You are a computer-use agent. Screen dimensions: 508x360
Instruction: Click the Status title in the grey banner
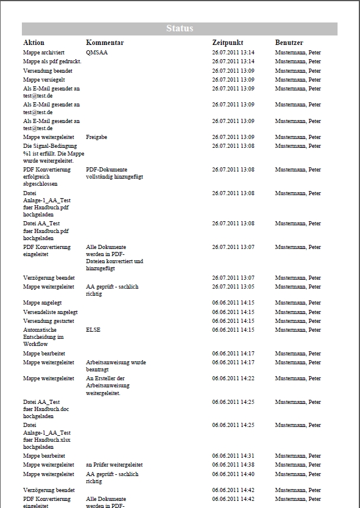tap(180, 28)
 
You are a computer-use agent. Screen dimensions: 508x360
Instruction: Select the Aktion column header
tap(34, 43)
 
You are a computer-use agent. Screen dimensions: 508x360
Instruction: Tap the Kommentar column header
tap(105, 43)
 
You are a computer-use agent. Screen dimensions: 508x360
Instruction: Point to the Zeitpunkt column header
tap(228, 43)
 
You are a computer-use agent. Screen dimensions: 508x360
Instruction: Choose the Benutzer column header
tap(289, 43)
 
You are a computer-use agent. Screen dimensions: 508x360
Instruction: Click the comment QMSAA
tap(97, 53)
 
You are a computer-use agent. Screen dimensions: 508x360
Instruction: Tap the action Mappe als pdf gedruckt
tap(52, 62)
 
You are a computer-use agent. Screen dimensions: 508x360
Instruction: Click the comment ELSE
tap(93, 330)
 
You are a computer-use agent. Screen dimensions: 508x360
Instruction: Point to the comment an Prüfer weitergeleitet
tap(114, 465)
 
